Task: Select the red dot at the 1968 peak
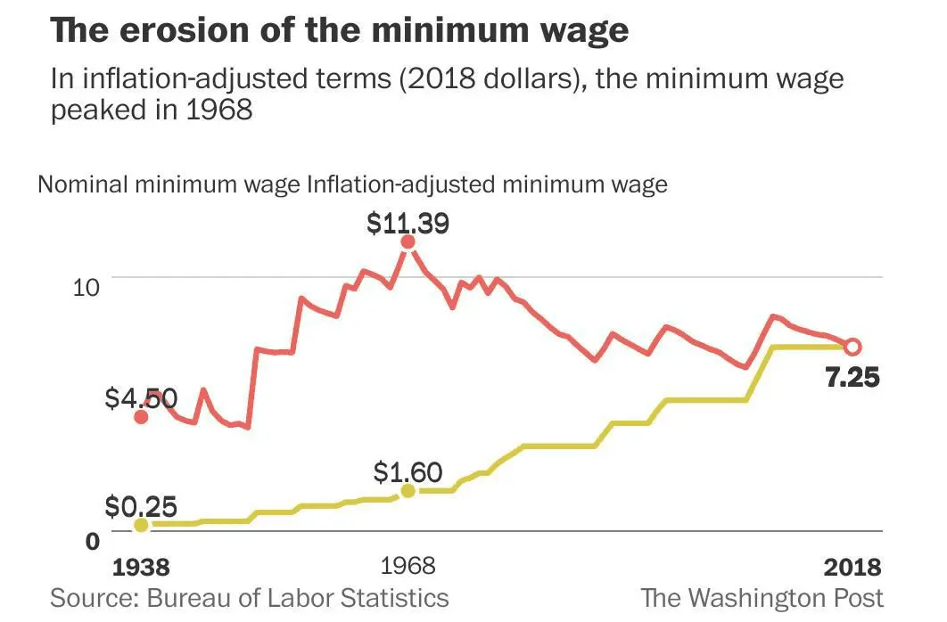click(x=408, y=241)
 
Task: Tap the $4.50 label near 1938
click(x=142, y=397)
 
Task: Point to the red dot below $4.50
click(x=141, y=416)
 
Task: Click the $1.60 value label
click(x=408, y=471)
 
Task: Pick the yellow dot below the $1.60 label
click(x=408, y=491)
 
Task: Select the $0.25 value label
click(x=142, y=507)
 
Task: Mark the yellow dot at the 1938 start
click(x=141, y=525)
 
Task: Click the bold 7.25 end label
click(x=852, y=377)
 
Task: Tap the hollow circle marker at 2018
click(x=852, y=347)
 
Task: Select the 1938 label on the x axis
click(x=141, y=567)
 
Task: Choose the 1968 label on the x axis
click(x=408, y=567)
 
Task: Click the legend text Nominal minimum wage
click(x=169, y=185)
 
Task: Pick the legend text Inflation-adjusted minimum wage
click(x=487, y=185)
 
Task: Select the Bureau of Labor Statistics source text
click(x=298, y=597)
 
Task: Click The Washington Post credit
click(x=762, y=597)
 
